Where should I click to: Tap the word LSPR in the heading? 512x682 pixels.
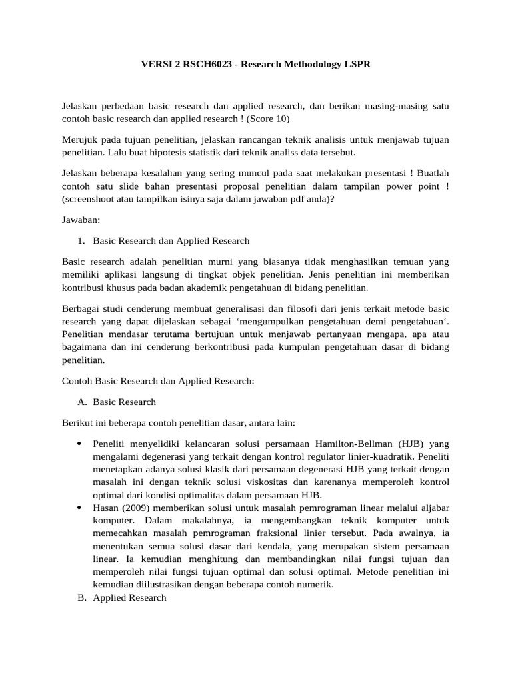point(356,65)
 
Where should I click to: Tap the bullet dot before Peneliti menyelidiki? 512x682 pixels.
point(79,444)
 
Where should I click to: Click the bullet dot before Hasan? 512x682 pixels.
point(79,508)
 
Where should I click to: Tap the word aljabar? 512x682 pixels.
point(434,508)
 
